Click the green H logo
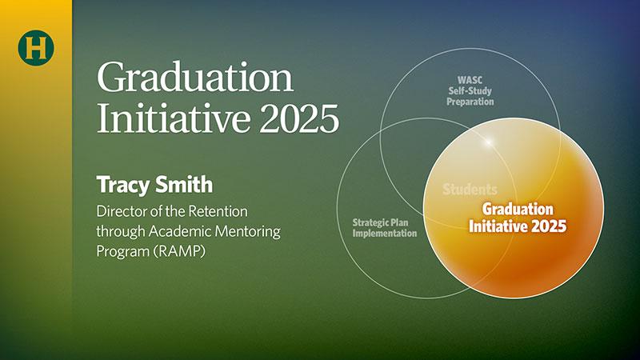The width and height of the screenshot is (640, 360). click(x=36, y=47)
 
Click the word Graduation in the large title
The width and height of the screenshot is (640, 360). click(x=195, y=77)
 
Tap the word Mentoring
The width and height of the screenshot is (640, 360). click(x=248, y=232)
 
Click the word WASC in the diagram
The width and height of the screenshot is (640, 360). click(x=470, y=80)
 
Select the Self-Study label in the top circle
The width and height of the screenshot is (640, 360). click(x=470, y=90)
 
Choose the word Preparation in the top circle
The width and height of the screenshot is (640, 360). click(x=470, y=102)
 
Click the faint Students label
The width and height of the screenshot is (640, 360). click(x=470, y=190)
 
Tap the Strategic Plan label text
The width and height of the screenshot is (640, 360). click(x=380, y=223)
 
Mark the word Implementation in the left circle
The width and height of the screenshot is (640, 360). click(x=385, y=234)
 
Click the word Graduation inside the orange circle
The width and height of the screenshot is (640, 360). click(x=518, y=210)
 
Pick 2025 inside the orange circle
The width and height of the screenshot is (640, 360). click(x=549, y=226)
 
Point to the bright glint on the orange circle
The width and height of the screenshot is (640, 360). click(x=488, y=142)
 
